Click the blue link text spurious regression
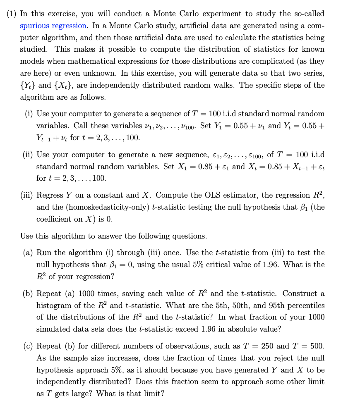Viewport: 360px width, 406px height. click(x=53, y=26)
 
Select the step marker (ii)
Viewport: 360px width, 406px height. click(x=28, y=155)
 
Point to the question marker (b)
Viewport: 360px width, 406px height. click(x=28, y=294)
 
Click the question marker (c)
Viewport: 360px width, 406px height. click(x=28, y=346)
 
